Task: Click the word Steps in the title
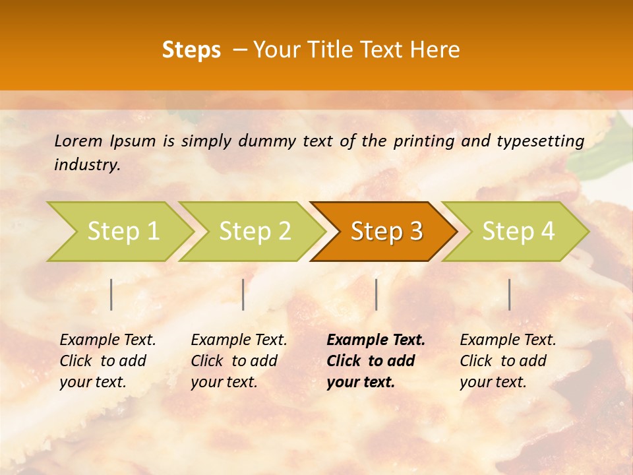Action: (x=191, y=50)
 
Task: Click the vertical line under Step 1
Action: (x=111, y=294)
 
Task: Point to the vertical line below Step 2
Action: (x=243, y=294)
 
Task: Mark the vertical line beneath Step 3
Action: (x=376, y=294)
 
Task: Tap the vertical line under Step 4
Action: (x=509, y=294)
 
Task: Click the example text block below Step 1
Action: (x=107, y=361)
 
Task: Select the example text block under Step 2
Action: (x=239, y=361)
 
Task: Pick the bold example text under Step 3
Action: (x=376, y=361)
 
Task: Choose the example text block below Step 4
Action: (x=508, y=361)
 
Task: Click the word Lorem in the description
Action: (x=78, y=141)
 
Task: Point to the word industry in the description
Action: (x=87, y=165)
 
